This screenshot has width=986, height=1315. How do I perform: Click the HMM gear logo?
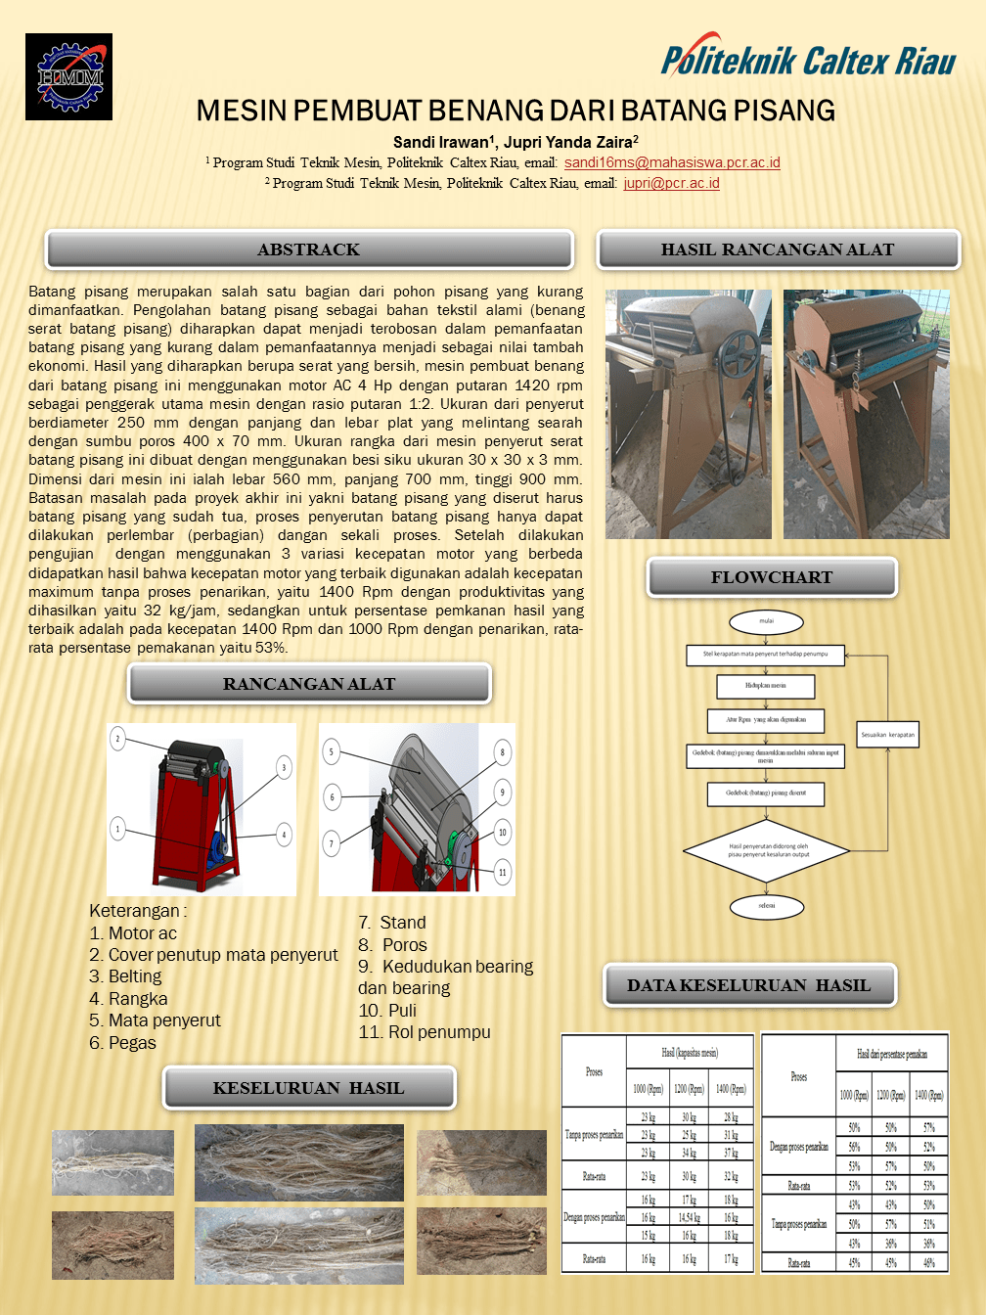[68, 76]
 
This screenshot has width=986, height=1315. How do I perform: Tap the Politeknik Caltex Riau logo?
[808, 61]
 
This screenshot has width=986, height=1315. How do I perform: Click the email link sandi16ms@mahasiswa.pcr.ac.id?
[672, 162]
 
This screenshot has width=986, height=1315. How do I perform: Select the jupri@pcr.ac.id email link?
[671, 183]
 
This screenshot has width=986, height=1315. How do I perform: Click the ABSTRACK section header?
[309, 249]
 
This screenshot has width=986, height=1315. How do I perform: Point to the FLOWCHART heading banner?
[772, 577]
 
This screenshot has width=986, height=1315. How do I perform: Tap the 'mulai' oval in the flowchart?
[766, 621]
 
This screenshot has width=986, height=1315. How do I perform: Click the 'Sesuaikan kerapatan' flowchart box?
[888, 734]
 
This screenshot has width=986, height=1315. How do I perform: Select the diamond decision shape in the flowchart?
[767, 850]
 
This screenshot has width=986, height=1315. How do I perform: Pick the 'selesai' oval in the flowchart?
[766, 906]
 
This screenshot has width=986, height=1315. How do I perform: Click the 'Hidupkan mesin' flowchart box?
[765, 686]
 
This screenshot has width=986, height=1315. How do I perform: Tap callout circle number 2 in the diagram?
[118, 738]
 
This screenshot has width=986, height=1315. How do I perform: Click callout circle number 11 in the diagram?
[503, 872]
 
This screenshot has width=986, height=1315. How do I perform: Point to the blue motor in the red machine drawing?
[218, 845]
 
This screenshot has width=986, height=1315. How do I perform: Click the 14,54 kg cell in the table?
[689, 1218]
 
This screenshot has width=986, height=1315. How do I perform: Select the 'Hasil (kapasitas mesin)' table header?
[690, 1053]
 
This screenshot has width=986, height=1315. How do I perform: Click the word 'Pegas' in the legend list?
[132, 1043]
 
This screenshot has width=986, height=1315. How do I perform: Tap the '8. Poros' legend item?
[393, 945]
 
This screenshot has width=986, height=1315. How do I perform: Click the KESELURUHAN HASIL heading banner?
[309, 1088]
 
